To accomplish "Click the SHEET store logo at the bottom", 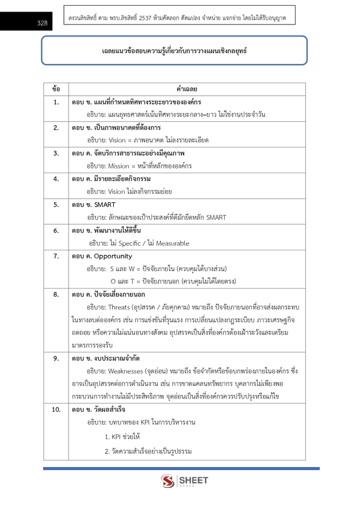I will point(184,482).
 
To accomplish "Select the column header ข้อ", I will point(56,89).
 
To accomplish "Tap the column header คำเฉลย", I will point(187,89).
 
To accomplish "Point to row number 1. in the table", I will point(56,102).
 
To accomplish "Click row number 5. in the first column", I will point(56,204).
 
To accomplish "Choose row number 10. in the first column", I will point(56,410).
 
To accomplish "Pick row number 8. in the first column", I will point(56,294).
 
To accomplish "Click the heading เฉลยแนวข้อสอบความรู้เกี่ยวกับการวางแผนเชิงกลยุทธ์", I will point(174,51).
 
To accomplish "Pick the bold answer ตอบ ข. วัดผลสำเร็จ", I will point(99,410).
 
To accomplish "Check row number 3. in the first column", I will point(56,153).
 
